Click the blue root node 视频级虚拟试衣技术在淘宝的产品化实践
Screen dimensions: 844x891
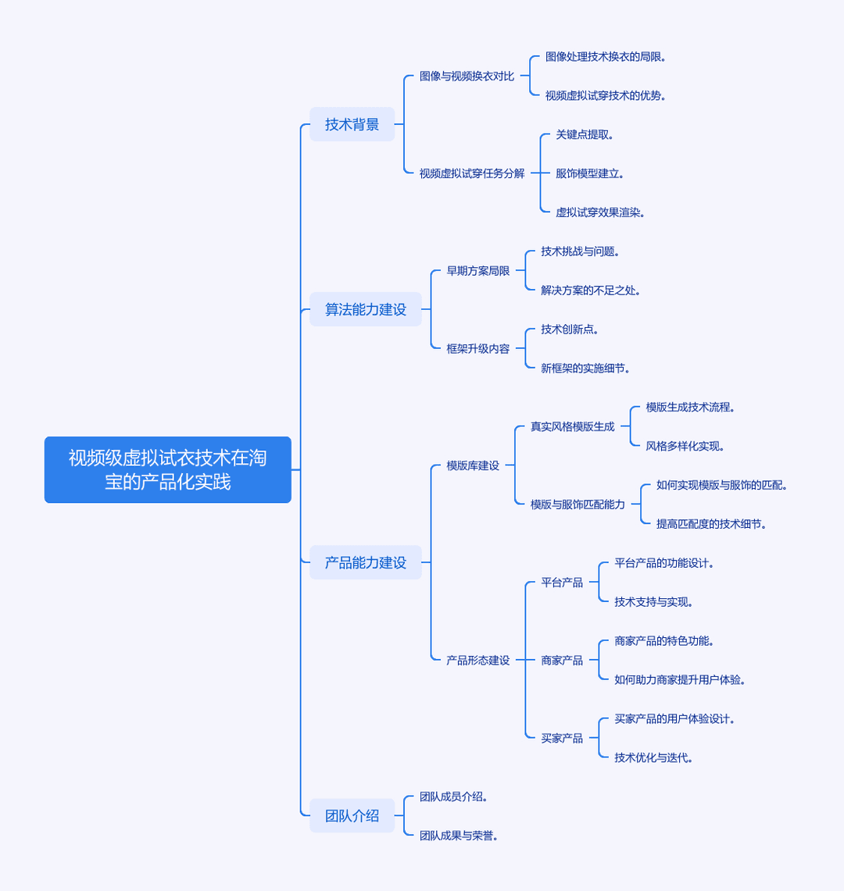tap(168, 469)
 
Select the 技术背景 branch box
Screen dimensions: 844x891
tap(352, 124)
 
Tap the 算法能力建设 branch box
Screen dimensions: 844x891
tap(366, 309)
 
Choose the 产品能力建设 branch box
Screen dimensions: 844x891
tap(366, 562)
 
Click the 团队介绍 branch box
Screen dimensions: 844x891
tap(352, 816)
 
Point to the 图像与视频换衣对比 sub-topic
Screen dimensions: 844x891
tap(467, 77)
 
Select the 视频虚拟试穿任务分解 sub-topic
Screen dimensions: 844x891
tap(472, 173)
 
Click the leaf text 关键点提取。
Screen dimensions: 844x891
tap(584, 134)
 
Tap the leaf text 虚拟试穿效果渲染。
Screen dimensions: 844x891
tap(600, 212)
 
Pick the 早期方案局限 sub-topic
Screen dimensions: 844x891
tap(477, 271)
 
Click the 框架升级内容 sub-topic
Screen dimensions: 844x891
tap(477, 349)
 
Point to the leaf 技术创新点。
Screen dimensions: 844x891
tap(569, 329)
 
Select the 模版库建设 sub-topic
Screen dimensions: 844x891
tap(473, 465)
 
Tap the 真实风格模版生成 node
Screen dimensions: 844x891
tap(573, 426)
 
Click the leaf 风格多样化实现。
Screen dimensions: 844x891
tap(685, 446)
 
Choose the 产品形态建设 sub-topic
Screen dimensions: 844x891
tap(477, 661)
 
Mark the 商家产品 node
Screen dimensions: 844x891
tap(562, 661)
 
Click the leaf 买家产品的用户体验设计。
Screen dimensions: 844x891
tap(674, 719)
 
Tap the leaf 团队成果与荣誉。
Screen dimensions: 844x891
tap(459, 836)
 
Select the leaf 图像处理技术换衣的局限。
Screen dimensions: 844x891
tap(606, 57)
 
